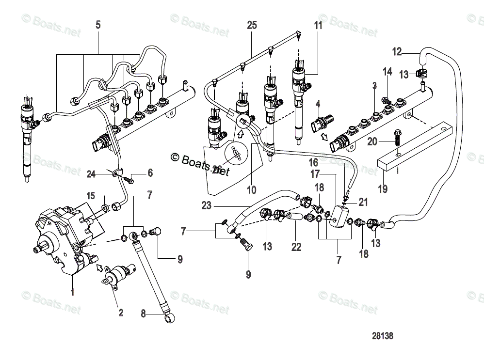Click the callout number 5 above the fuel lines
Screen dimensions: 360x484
click(x=98, y=25)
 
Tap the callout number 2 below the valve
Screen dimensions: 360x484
click(x=120, y=313)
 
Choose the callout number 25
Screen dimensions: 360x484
click(x=251, y=25)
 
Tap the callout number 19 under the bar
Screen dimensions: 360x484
click(x=383, y=188)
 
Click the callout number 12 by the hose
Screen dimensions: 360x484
click(x=397, y=51)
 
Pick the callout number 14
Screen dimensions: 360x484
click(x=387, y=72)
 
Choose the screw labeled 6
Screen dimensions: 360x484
click(x=130, y=180)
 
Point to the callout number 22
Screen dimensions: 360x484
click(x=296, y=248)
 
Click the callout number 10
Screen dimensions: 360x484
click(x=251, y=190)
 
